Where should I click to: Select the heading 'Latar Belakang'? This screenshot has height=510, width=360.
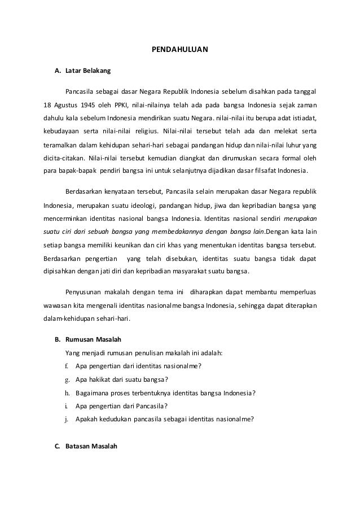[89, 71]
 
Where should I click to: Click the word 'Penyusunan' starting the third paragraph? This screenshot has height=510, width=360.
[84, 292]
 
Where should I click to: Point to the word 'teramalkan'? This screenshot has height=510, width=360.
[62, 144]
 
